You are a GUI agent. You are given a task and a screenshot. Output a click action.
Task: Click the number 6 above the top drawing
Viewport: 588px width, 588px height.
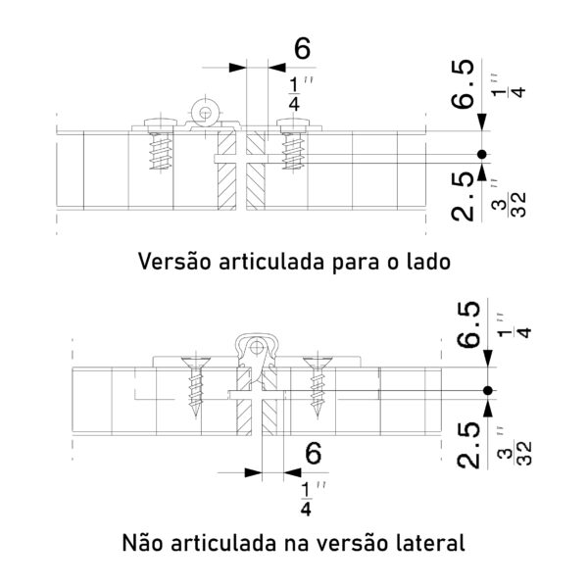(302, 49)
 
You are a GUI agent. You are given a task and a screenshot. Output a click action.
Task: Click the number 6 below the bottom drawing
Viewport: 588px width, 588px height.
(314, 454)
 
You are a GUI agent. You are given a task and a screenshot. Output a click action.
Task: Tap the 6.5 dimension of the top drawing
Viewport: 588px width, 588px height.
(463, 84)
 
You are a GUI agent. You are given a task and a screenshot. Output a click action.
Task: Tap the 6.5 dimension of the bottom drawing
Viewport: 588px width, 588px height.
(468, 324)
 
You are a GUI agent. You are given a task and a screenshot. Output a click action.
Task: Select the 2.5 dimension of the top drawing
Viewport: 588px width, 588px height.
(463, 197)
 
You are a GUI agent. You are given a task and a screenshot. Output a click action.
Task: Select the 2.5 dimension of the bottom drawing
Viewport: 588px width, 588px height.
(468, 445)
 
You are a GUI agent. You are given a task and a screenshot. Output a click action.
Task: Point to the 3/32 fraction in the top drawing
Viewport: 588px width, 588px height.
(514, 205)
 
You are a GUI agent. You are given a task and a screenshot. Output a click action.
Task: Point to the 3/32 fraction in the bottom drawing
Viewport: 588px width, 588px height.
(519, 453)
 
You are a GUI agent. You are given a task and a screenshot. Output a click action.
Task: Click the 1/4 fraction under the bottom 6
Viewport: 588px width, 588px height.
(307, 500)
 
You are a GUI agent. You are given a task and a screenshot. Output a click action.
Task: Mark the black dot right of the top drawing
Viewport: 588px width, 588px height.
(482, 154)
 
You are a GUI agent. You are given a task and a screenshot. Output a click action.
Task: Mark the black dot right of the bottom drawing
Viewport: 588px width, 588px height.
(488, 391)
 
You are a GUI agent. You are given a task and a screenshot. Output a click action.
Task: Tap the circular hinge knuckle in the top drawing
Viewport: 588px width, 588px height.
(205, 112)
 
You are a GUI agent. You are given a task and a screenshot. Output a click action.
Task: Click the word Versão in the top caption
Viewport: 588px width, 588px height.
(174, 261)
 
